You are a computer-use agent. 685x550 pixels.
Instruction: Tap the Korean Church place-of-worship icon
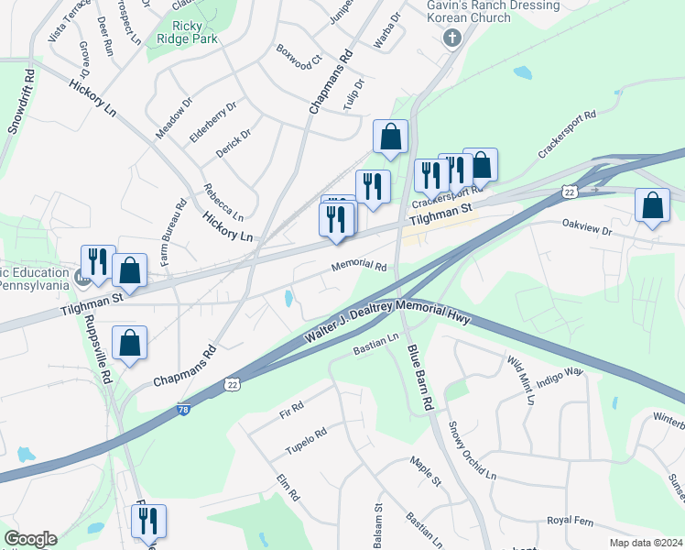tap(450, 38)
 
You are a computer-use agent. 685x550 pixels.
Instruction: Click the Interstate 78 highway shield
tap(184, 410)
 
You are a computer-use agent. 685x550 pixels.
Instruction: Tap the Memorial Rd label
tap(359, 266)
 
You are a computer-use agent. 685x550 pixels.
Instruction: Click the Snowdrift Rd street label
tap(22, 102)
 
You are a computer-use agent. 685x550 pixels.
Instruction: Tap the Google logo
tap(29, 539)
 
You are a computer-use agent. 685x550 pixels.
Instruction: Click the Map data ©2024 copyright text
tap(646, 543)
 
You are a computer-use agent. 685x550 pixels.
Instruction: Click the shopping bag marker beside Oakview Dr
tap(652, 206)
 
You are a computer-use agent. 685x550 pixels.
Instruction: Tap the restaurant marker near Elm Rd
tap(147, 521)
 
